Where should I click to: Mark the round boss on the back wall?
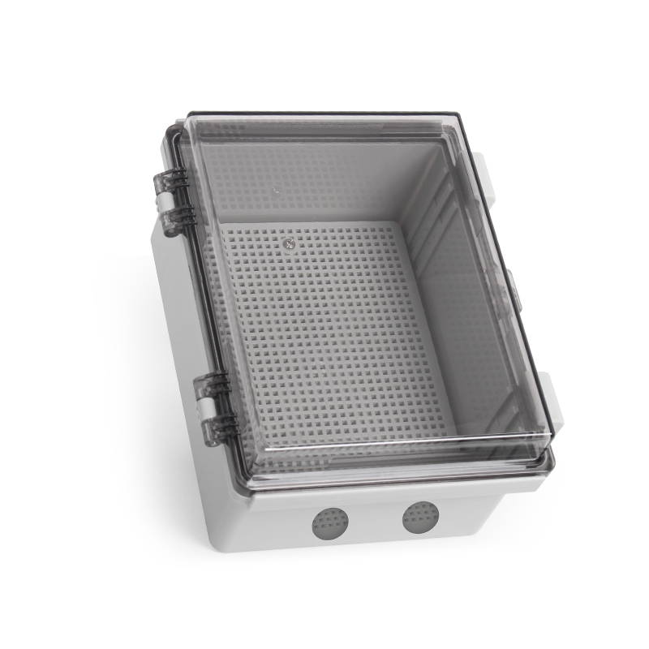pos(277,192)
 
